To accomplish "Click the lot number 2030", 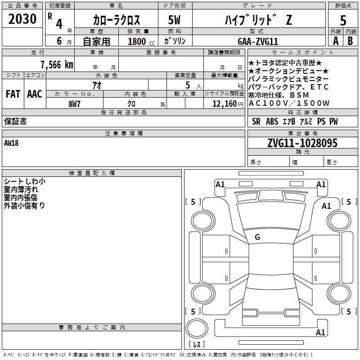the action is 22,19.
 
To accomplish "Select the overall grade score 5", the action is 343,20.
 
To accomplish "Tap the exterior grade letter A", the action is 336,41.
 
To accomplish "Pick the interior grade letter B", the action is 350,41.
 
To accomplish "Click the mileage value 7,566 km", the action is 57,65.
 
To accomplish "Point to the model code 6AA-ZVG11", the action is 258,41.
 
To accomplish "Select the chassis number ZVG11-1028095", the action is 302,143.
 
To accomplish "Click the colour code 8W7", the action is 74,104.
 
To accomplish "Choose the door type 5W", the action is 174,20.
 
